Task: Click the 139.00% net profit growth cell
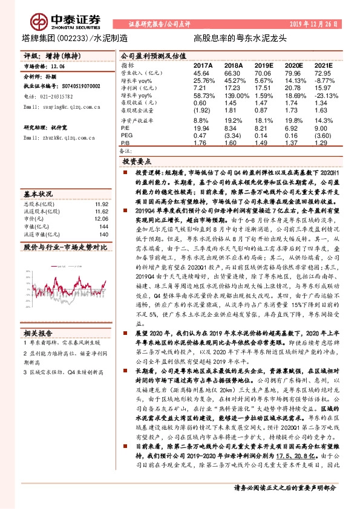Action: (x=233, y=96)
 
